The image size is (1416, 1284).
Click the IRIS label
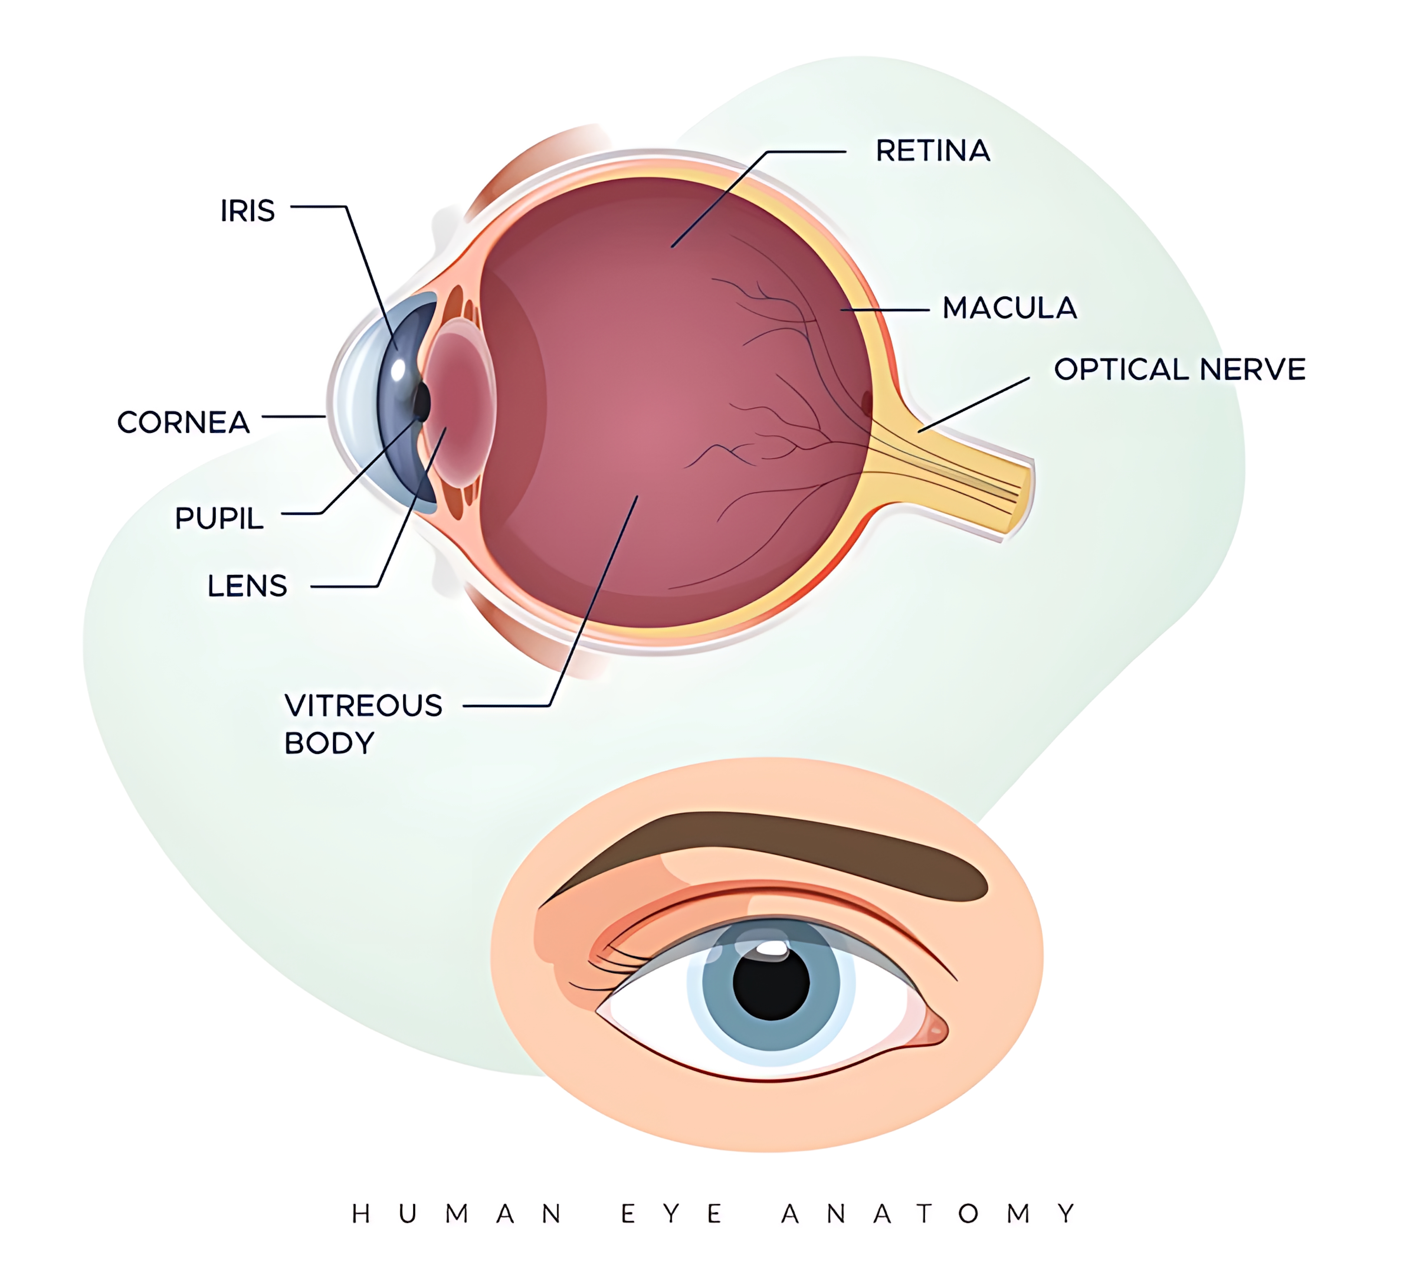tap(247, 211)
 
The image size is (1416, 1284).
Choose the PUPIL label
tap(219, 518)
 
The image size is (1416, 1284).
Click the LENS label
tap(247, 586)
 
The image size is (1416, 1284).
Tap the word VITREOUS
tap(363, 705)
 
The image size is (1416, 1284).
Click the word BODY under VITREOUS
tap(329, 743)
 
